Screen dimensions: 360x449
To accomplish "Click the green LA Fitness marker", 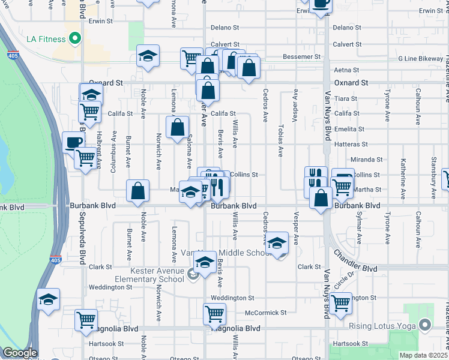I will click(x=75, y=40).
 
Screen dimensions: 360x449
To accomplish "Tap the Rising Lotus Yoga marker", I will click(x=426, y=326).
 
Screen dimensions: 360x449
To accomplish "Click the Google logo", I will click(x=19, y=353).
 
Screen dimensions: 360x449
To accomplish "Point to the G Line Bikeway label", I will click(x=420, y=59).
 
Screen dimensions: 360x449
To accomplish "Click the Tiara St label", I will click(x=346, y=98).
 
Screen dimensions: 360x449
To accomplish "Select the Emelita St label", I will click(x=351, y=129).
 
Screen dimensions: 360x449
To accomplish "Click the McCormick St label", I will click(x=266, y=313).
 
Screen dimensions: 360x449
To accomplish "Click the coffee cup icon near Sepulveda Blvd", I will click(x=74, y=143).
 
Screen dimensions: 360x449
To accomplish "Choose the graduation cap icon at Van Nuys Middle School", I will click(x=277, y=242).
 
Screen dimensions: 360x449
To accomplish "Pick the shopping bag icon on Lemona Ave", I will click(x=177, y=127).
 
